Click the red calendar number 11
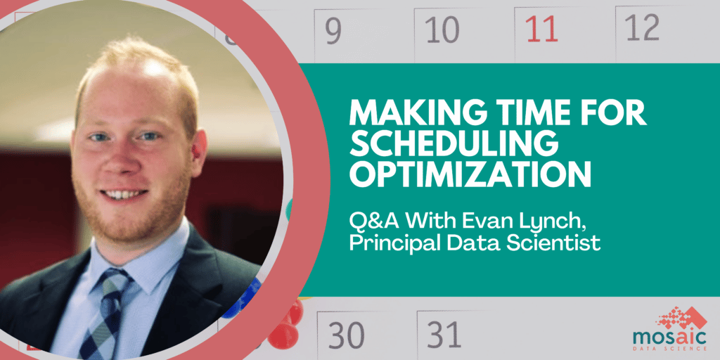click(x=541, y=29)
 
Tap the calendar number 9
click(x=333, y=29)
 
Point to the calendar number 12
click(x=643, y=27)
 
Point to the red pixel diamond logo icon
click(x=681, y=319)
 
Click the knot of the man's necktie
click(x=112, y=284)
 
